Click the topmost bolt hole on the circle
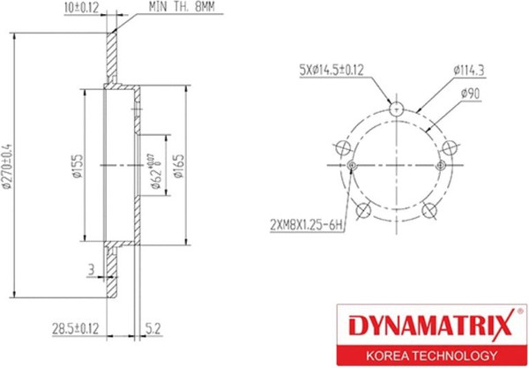coord(397,110)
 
